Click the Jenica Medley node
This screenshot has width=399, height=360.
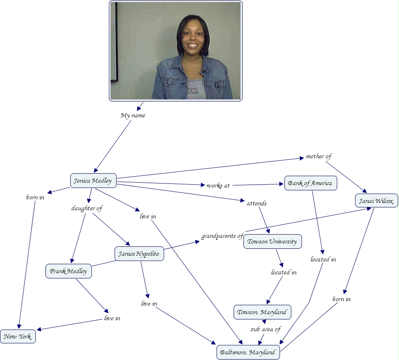(93, 181)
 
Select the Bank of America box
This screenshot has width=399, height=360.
(310, 183)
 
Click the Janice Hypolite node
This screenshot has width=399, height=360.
(139, 254)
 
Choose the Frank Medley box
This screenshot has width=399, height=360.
(68, 271)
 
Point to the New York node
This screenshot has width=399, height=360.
(18, 337)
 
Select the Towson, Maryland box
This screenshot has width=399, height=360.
(262, 312)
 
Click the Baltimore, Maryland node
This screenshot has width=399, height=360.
(248, 352)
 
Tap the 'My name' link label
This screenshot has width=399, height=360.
(133, 115)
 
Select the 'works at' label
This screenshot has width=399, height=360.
(218, 185)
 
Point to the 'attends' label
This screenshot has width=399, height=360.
(257, 203)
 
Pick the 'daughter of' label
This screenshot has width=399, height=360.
(87, 208)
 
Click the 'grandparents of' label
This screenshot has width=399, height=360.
(222, 236)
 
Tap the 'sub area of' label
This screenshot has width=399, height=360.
(265, 329)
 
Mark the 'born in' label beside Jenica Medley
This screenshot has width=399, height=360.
(35, 197)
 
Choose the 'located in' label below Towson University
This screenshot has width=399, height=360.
(284, 272)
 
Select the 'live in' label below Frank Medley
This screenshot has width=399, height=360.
(112, 318)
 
